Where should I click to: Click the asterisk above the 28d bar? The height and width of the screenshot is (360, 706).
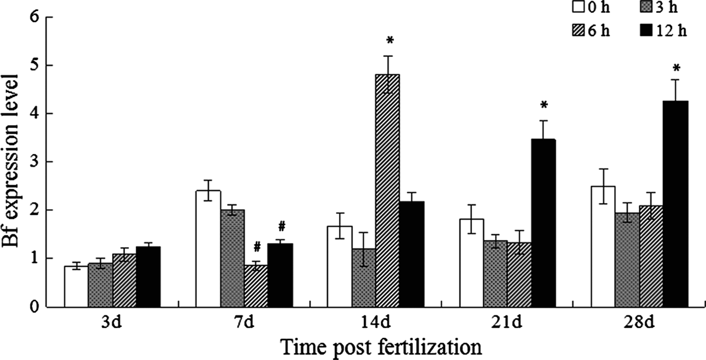point(677,69)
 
